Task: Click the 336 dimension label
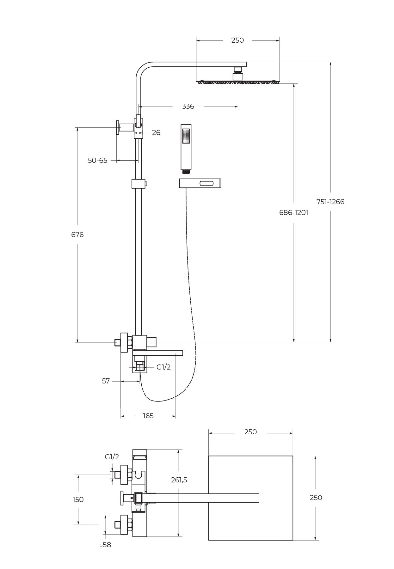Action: pos(188,107)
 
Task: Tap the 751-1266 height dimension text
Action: pos(330,202)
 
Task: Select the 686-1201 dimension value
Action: pos(293,212)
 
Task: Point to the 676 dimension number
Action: pos(77,235)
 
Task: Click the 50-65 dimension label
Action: pos(97,161)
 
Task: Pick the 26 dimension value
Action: pos(156,133)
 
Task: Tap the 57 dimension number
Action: pos(106,381)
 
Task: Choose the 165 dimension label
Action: pos(148,416)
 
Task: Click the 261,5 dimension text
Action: pos(179,480)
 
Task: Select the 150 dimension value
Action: pos(78,499)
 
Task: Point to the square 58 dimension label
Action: pos(106,545)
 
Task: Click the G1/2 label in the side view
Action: pos(163,367)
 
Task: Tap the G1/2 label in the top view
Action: pos(112,457)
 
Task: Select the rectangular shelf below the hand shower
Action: pos(200,183)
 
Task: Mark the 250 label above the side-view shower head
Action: pos(237,40)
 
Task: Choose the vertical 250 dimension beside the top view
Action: pos(316,498)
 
